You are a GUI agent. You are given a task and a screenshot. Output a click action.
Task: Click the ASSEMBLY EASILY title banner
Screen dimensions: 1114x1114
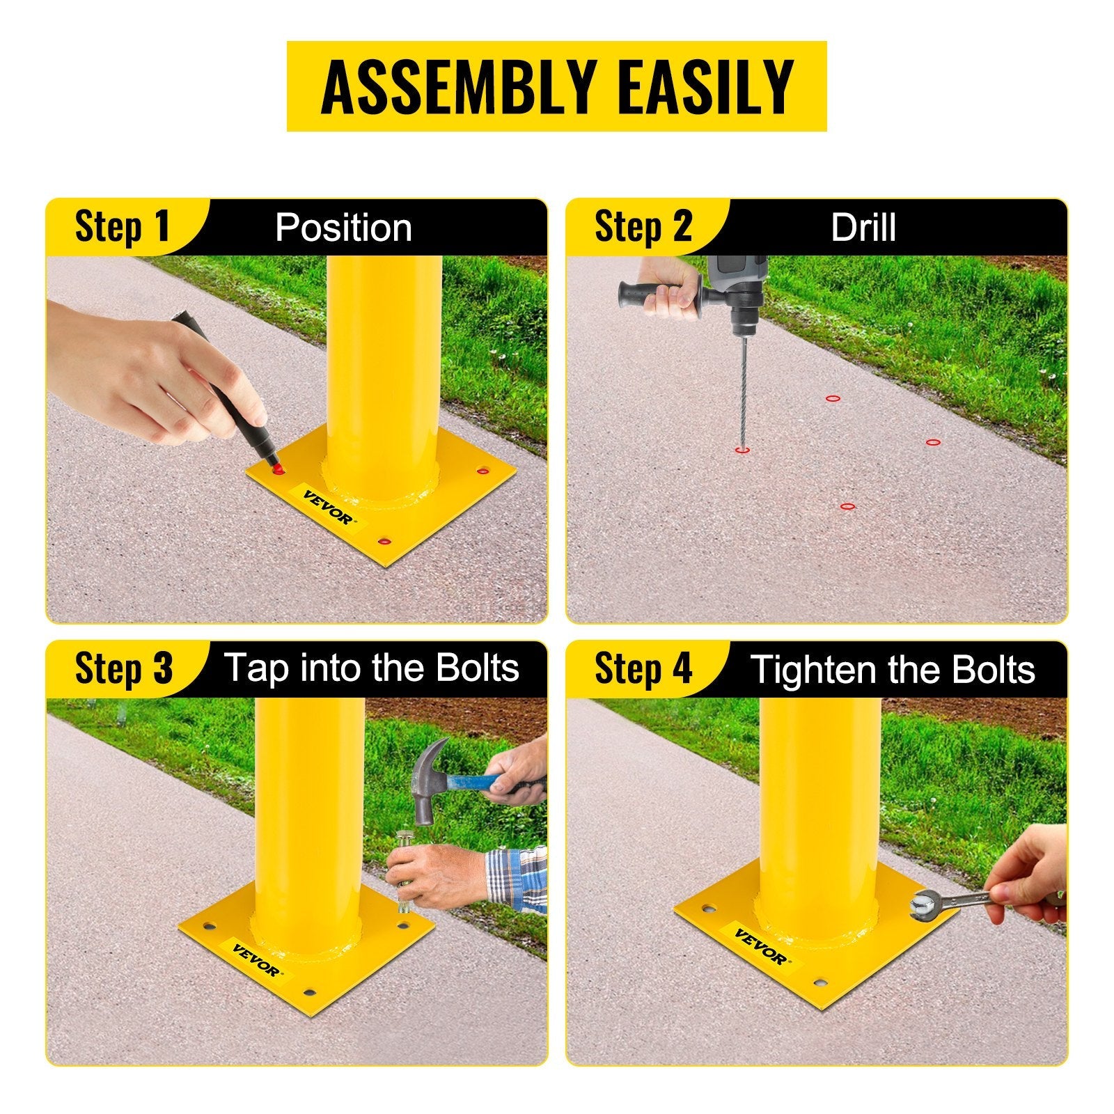(x=556, y=86)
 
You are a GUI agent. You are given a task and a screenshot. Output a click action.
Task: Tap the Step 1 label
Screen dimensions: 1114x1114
(x=123, y=227)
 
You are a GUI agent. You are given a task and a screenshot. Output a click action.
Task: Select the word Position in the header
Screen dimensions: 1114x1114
(x=343, y=228)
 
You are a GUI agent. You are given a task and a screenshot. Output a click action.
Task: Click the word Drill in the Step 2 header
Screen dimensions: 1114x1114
(x=863, y=228)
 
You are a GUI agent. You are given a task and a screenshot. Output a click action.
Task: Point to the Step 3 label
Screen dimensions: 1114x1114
(x=123, y=668)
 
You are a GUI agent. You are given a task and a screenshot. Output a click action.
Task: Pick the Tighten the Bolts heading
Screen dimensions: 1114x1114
(x=893, y=669)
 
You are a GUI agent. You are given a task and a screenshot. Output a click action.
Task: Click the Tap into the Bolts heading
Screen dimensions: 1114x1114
(x=371, y=668)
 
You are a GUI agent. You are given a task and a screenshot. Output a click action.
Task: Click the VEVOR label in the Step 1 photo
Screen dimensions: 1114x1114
(x=329, y=507)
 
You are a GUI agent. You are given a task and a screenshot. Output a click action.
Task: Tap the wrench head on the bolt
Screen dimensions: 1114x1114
(x=923, y=903)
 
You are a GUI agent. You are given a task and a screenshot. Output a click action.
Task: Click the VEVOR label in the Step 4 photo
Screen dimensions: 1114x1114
(x=760, y=946)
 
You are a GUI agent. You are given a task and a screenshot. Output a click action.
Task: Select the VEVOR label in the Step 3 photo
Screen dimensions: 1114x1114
(x=257, y=960)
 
